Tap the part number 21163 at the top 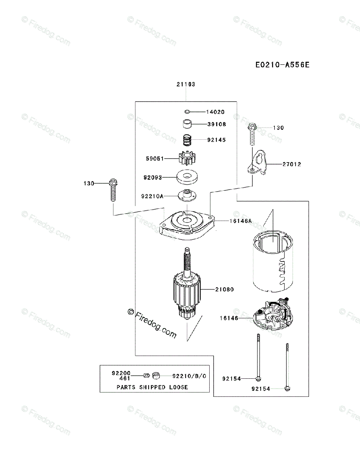[186, 84]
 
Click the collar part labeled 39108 [187, 124]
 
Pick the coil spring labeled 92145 [188, 139]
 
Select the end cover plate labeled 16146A [187, 227]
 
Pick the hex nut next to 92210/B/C [155, 376]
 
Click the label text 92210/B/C [189, 376]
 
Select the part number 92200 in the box [121, 373]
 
